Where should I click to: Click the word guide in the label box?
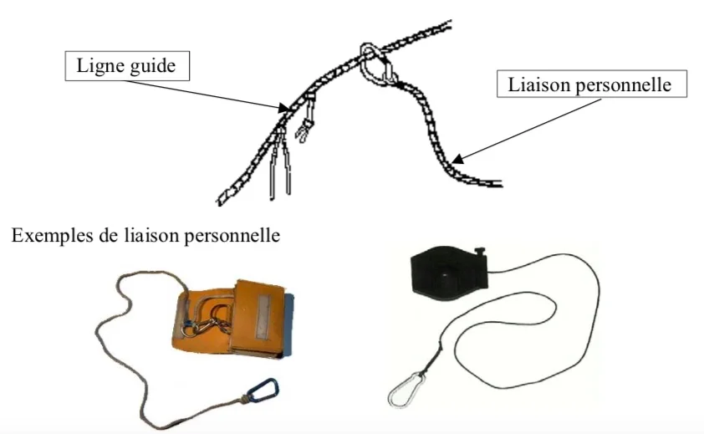(x=150, y=66)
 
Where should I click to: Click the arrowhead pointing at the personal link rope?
(x=457, y=159)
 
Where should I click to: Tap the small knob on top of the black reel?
(x=480, y=252)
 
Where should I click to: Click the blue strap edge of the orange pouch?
(x=288, y=324)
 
